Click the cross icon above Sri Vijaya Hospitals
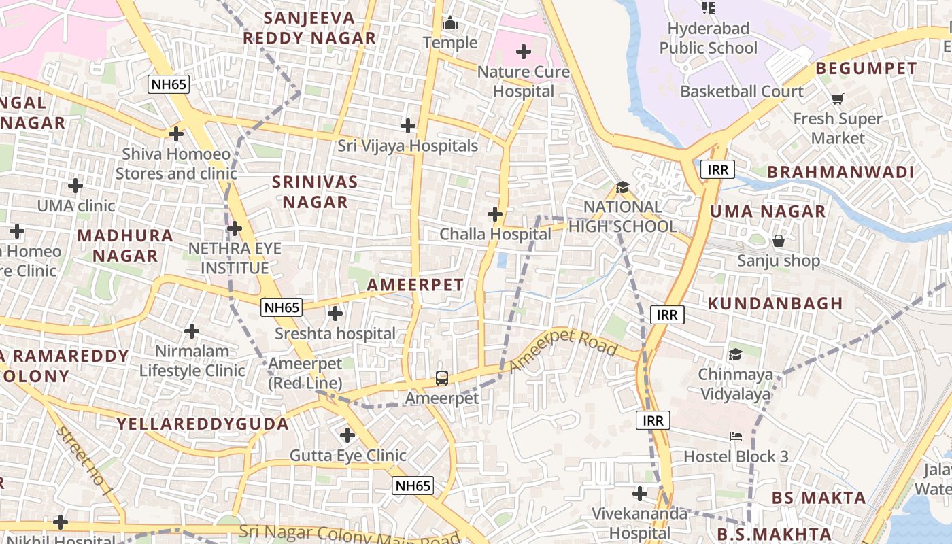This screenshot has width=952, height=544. (408, 126)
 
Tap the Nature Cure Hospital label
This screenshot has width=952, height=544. (524, 81)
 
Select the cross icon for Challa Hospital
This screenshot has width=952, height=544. (495, 214)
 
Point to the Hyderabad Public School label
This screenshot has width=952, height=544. (708, 38)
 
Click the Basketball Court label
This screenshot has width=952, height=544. (742, 91)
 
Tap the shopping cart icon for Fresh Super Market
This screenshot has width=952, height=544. (838, 99)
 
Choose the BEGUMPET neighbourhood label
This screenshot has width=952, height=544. (866, 69)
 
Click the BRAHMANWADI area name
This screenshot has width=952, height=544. (840, 172)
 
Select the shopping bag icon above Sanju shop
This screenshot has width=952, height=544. (779, 241)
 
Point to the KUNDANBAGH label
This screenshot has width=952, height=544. (775, 303)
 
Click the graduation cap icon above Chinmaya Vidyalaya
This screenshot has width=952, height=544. (735, 354)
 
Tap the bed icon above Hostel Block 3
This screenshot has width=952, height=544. (736, 437)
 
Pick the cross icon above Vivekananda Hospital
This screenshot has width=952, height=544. (640, 493)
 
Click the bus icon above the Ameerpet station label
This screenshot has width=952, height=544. (442, 377)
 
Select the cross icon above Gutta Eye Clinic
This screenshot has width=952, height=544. (347, 435)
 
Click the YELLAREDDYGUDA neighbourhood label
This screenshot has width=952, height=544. (203, 424)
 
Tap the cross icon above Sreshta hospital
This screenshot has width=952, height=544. (335, 313)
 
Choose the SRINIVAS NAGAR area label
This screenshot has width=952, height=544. (315, 192)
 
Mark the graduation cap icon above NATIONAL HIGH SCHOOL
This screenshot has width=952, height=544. (622, 187)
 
